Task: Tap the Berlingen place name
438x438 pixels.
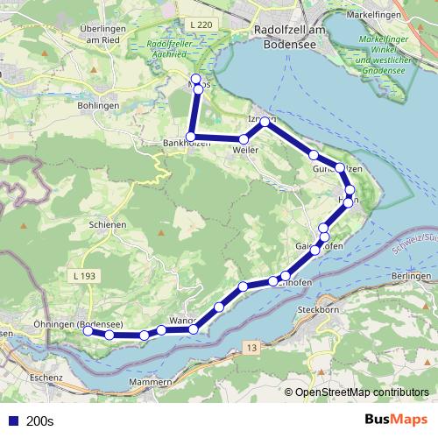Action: tap(411, 276)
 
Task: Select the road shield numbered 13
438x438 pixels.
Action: tap(252, 349)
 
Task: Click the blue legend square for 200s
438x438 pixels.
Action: tap(12, 420)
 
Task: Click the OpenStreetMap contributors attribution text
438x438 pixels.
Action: tap(362, 393)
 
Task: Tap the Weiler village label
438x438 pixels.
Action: tap(245, 151)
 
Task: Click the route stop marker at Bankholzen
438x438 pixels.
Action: tap(190, 137)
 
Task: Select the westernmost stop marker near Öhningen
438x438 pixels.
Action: tap(88, 331)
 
